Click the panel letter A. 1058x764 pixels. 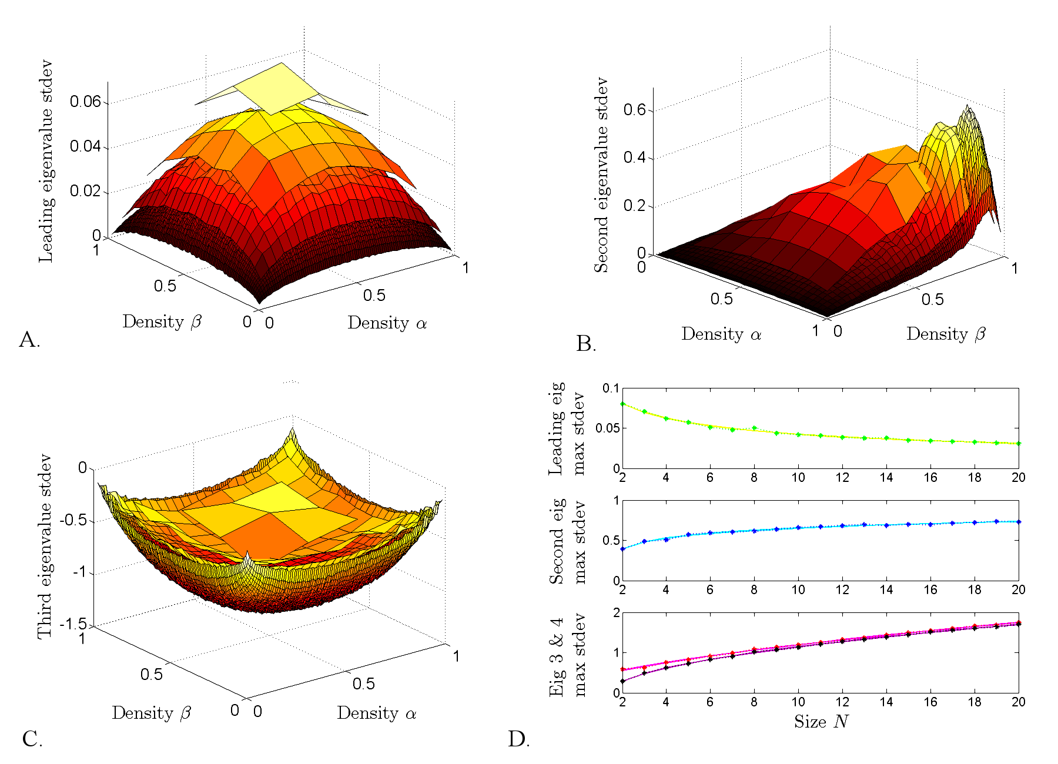29,340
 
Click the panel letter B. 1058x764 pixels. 585,344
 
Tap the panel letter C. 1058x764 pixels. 32,739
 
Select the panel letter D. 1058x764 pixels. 518,739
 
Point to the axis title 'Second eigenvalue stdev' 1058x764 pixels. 601,175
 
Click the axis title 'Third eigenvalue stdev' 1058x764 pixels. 45,547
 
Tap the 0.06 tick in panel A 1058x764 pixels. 85,102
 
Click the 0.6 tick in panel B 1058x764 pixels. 634,110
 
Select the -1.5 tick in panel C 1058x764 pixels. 73,624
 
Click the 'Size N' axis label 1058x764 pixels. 821,722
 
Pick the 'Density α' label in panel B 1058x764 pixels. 721,334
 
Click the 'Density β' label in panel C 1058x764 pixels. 152,713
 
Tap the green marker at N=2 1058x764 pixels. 622,404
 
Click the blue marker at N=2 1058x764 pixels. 622,549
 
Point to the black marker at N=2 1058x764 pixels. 622,681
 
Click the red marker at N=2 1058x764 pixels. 622,669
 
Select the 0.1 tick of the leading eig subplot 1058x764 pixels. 611,388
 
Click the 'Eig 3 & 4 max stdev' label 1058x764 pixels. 568,655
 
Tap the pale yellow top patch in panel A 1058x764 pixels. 276,88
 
